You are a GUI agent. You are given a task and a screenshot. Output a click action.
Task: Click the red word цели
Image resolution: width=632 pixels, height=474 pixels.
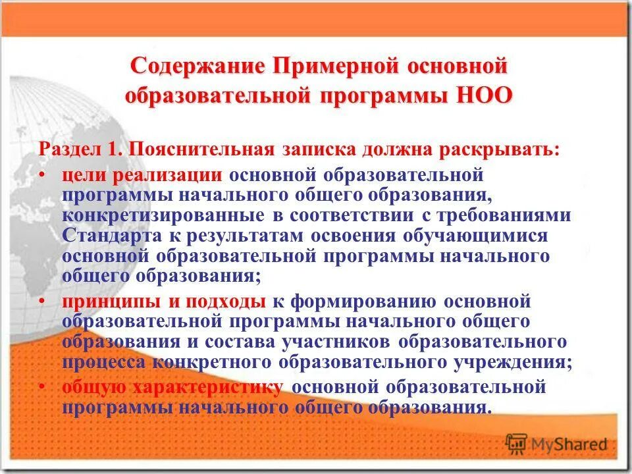click(x=84, y=176)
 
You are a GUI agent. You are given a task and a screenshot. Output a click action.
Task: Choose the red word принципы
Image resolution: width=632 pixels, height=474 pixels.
click(x=111, y=302)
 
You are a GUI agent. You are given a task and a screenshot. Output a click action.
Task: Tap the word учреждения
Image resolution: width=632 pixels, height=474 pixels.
click(x=508, y=361)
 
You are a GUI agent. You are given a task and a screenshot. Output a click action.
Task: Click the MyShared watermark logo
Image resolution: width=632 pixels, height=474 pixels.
click(x=557, y=443)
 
